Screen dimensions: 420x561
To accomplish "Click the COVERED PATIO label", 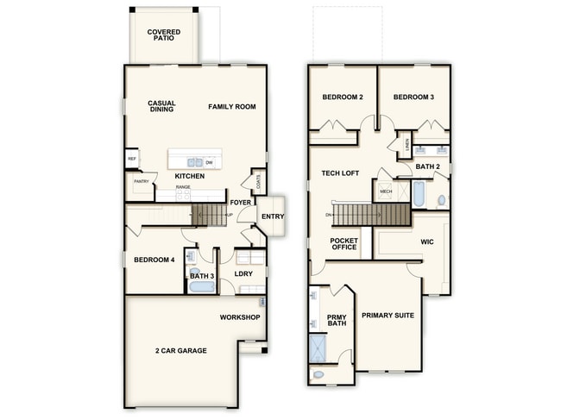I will [x=164, y=35].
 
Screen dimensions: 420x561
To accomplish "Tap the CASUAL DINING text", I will [x=161, y=106].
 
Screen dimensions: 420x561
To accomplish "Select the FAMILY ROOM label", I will [x=231, y=106].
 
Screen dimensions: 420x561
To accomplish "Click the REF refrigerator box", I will [x=132, y=160].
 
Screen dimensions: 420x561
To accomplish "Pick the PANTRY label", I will [x=142, y=181].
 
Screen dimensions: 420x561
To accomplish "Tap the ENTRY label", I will [x=273, y=216].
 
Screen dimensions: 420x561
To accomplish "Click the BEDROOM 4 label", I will [x=154, y=260].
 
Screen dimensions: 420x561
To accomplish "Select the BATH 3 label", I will [x=202, y=276].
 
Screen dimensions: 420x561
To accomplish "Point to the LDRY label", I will [x=243, y=275].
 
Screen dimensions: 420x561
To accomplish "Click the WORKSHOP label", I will [x=239, y=317].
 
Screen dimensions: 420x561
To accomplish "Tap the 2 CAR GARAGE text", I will [x=181, y=351].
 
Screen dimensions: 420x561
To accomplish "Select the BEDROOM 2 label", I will [x=342, y=97].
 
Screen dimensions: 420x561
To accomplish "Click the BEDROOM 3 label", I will [x=413, y=97].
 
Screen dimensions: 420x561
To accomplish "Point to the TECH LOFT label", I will [x=340, y=173].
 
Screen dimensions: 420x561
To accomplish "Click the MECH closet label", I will [x=386, y=191].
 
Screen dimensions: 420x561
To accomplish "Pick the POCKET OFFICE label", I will [x=344, y=244].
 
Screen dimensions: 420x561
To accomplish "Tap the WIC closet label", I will [x=426, y=242].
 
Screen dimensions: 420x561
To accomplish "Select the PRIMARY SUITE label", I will [x=388, y=316].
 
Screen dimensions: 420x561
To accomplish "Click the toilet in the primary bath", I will [x=318, y=375].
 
